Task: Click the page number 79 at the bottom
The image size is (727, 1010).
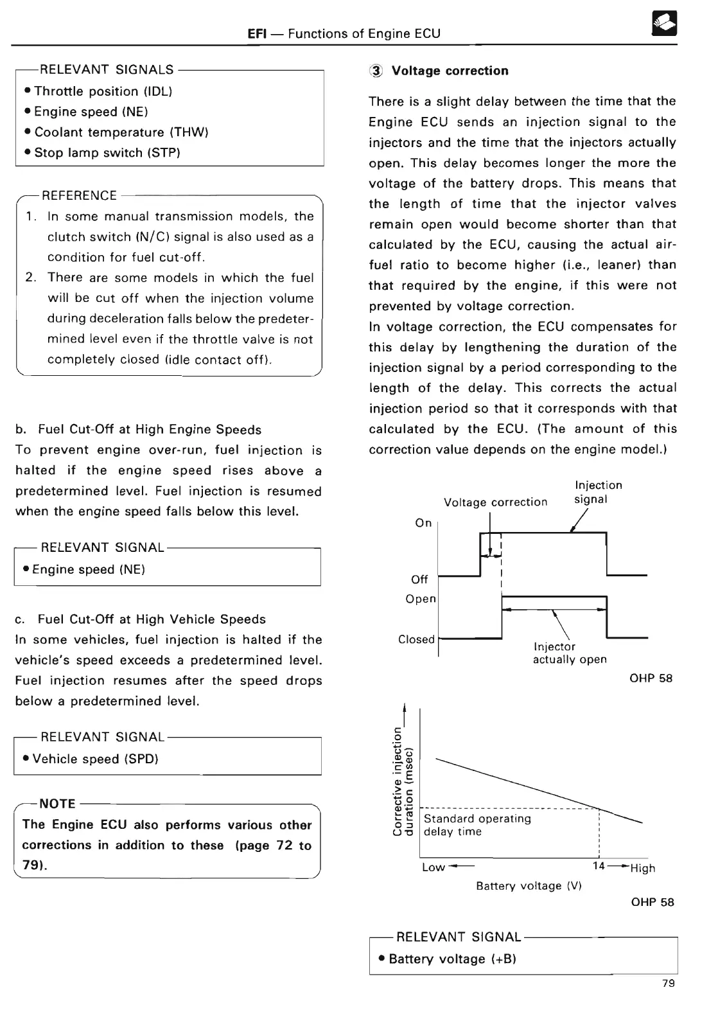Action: (668, 984)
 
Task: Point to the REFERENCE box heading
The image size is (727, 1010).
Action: (79, 195)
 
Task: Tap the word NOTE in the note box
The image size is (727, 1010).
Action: (58, 804)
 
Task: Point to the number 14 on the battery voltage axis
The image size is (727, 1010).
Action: (599, 866)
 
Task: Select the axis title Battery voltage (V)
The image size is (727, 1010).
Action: (529, 886)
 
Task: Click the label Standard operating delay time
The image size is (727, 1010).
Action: (477, 825)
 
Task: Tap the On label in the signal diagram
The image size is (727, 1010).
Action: (423, 523)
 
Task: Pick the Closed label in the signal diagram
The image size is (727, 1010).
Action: (416, 639)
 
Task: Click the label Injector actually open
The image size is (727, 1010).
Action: (569, 653)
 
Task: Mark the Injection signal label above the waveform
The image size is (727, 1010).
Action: (598, 492)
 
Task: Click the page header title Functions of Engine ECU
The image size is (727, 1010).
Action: (364, 33)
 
